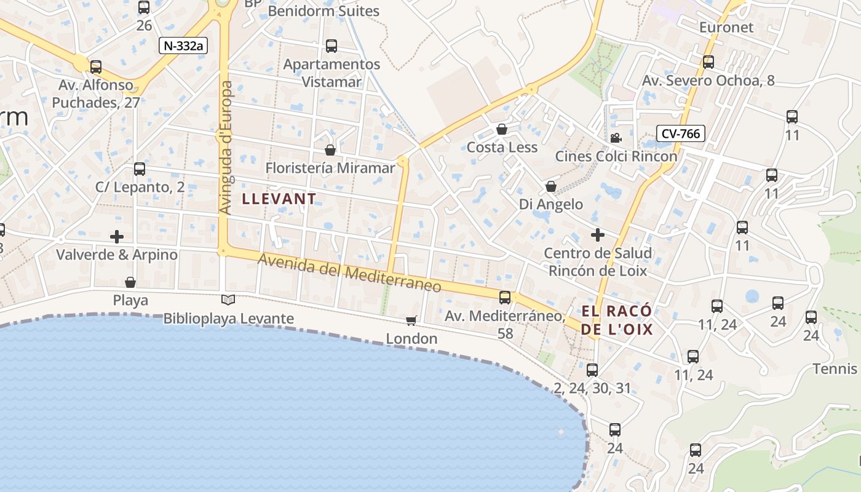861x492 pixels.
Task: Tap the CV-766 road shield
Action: coord(680,133)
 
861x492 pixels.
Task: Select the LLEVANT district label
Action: coord(279,199)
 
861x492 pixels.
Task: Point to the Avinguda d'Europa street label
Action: coord(226,148)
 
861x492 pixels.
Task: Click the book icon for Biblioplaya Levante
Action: coord(228,300)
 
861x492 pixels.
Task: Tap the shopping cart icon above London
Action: coord(411,320)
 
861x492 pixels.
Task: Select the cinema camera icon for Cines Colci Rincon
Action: coord(616,138)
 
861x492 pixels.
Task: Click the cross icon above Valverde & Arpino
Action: coord(117,236)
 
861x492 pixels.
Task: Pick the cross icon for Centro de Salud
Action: coord(598,234)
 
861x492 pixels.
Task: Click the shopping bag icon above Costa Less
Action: coord(502,129)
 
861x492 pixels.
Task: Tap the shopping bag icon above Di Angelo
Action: coord(551,186)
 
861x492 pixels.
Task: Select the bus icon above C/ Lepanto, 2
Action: coord(140,169)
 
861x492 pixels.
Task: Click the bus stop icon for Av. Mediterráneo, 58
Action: coord(505,298)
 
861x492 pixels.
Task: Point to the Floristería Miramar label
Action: coord(330,168)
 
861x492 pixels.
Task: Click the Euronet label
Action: coord(726,27)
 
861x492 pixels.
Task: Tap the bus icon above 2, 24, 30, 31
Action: coord(592,370)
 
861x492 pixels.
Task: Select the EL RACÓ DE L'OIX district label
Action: coord(617,320)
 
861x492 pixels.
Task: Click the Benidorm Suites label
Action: coord(323,11)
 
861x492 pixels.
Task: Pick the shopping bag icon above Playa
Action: coord(130,282)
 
